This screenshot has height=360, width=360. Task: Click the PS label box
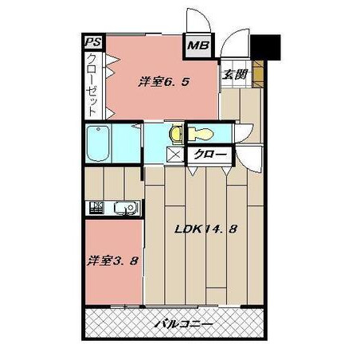pos(93,42)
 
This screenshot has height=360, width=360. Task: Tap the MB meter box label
pos(198,45)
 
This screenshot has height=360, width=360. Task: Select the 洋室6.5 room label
pos(163,82)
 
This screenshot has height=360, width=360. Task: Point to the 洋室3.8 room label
pos(112,260)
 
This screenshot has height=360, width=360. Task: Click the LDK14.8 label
pos(205,229)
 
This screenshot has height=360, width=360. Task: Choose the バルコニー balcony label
pos(184,324)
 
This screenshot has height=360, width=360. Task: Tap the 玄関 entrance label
pos(235,75)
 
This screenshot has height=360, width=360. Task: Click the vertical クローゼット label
pos(92,84)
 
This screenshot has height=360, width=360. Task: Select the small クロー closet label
pos(210,155)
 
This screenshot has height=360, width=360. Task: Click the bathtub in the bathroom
pos(98,143)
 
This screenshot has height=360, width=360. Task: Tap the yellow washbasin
pos(176,135)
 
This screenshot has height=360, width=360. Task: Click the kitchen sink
pos(126,208)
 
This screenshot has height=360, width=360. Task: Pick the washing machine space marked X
pos(175,155)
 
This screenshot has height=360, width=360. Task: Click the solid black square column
pos(266,47)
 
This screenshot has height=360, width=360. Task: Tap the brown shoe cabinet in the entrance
pos(257,74)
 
